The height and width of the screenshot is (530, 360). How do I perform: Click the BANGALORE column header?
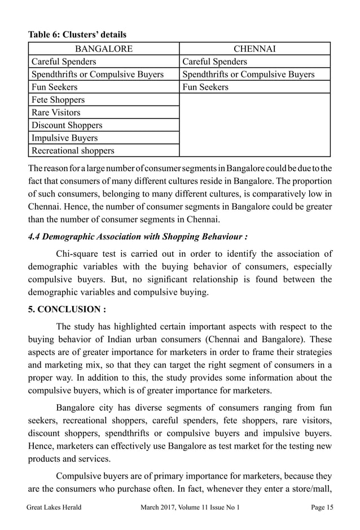click(x=104, y=49)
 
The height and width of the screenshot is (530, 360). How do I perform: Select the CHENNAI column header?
click(x=254, y=49)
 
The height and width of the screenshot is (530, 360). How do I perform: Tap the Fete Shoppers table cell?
click(x=59, y=100)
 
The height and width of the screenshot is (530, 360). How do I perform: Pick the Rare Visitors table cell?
click(x=56, y=112)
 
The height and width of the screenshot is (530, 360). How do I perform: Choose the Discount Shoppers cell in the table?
click(x=67, y=125)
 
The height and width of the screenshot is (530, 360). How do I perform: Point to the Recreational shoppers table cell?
click(x=73, y=151)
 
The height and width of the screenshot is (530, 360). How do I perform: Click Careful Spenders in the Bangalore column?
click(x=64, y=62)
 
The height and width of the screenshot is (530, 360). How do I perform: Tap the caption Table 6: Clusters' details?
click(x=77, y=35)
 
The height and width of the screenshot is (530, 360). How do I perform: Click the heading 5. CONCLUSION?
click(x=67, y=309)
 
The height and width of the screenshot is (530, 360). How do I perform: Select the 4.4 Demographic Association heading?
click(x=138, y=236)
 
